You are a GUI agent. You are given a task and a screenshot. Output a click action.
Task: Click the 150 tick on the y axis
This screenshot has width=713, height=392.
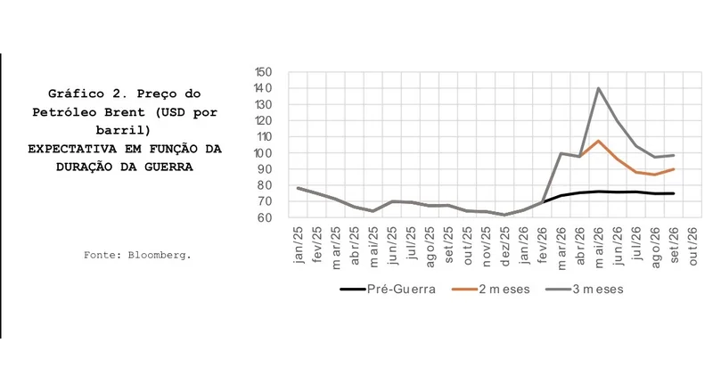click(x=263, y=72)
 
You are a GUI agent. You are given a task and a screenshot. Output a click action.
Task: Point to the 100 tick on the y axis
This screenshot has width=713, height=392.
click(x=263, y=153)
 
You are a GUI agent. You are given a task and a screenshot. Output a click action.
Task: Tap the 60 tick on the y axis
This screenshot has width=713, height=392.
click(x=266, y=217)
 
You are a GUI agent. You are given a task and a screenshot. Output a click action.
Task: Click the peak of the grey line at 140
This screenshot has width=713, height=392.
click(x=598, y=88)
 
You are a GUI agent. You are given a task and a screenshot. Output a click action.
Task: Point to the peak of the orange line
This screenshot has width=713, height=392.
click(x=598, y=141)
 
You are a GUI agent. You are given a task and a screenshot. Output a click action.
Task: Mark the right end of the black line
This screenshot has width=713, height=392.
click(x=673, y=193)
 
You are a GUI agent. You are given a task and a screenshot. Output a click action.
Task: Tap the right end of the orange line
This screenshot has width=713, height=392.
click(x=673, y=169)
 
